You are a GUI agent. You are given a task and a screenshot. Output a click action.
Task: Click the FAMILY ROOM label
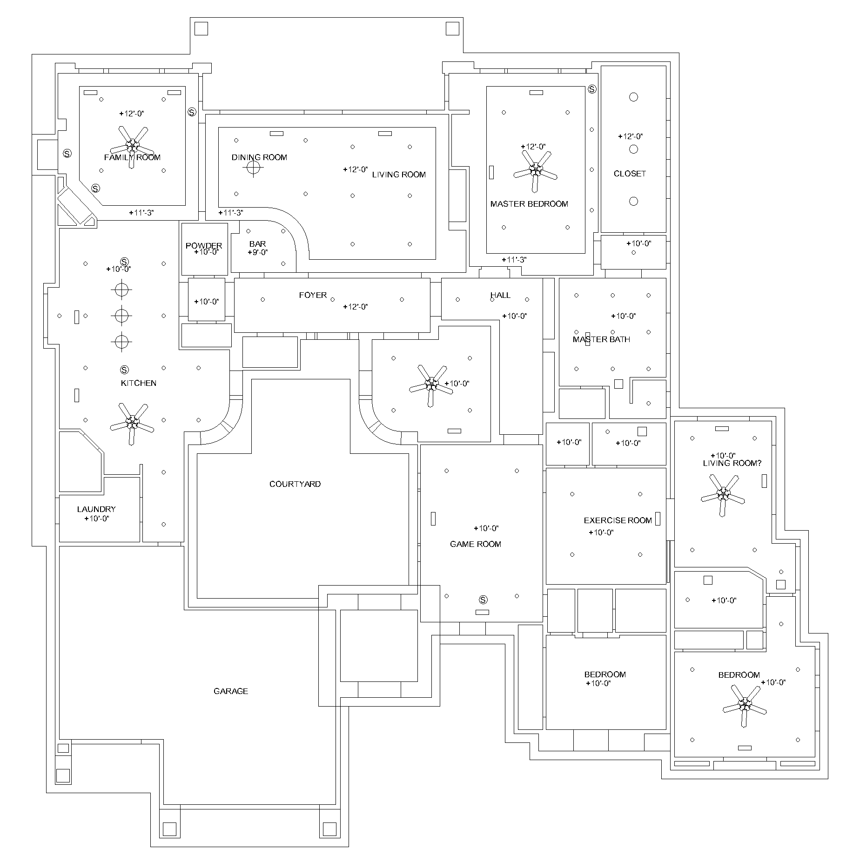tap(132, 157)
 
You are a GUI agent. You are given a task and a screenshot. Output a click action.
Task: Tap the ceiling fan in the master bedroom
tap(536, 170)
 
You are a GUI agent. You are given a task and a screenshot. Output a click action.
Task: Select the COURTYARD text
tap(295, 484)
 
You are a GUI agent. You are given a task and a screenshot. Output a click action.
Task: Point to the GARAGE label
tap(231, 691)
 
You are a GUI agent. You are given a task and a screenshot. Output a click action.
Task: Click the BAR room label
tap(257, 244)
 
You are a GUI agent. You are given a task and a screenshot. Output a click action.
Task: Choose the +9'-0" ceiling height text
tap(258, 252)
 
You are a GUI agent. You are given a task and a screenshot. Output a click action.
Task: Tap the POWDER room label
tap(204, 246)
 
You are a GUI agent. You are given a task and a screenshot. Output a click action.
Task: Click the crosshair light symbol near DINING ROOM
tap(254, 168)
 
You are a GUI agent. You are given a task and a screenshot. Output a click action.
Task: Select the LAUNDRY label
tap(96, 509)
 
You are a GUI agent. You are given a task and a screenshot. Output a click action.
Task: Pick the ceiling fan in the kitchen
tap(132, 423)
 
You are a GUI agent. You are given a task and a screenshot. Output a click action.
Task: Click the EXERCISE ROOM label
tap(618, 520)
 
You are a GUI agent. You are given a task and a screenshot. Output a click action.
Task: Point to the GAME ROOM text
tap(476, 544)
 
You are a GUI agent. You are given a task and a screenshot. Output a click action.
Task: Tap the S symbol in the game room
tap(483, 600)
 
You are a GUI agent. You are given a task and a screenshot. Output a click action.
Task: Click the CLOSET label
tap(630, 174)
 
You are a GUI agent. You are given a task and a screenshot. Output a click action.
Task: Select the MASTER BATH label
tap(601, 339)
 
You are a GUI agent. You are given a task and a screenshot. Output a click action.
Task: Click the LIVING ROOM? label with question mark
tap(732, 463)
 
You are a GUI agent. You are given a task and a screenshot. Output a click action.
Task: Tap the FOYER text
tap(313, 295)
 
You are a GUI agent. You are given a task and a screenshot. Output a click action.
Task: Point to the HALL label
tap(500, 295)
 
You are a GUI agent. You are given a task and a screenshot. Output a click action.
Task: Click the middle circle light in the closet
tap(633, 149)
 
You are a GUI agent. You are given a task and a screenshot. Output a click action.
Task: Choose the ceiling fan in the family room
tap(132, 146)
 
